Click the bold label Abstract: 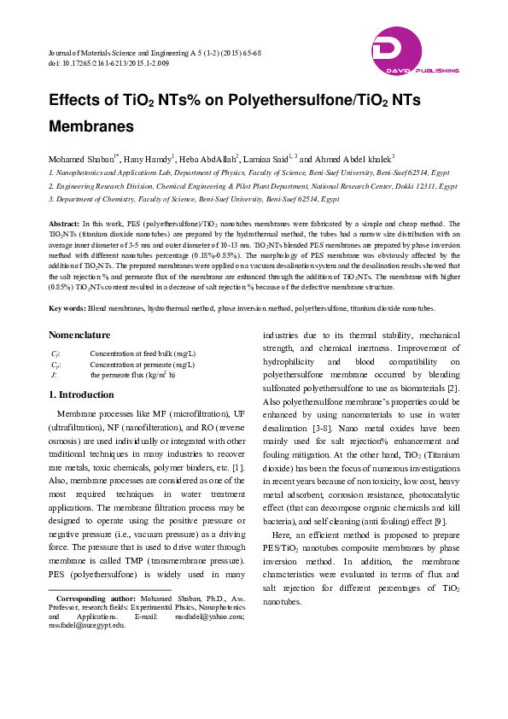(x=65, y=222)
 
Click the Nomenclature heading (x=85, y=336)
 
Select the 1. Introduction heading (x=81, y=395)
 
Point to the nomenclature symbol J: (x=54, y=374)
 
